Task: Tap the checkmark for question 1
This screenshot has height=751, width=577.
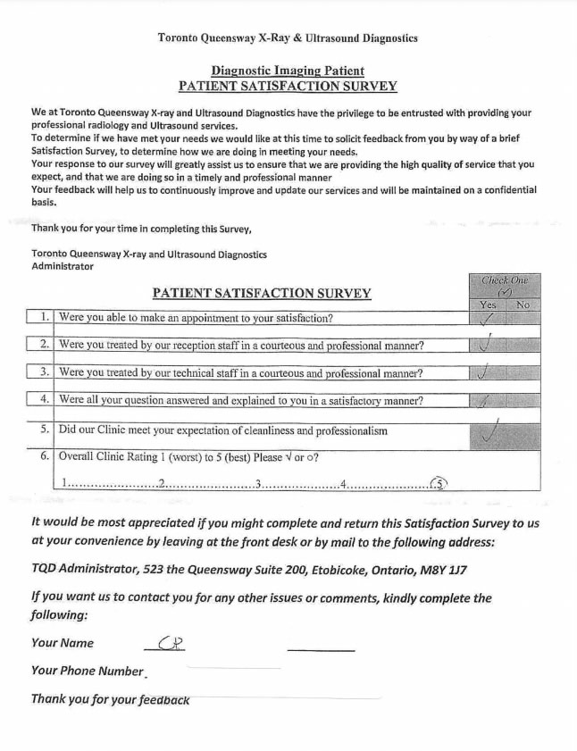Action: [x=487, y=320]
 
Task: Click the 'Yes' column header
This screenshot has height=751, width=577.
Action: [x=487, y=305]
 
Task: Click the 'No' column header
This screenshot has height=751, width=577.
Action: [x=523, y=305]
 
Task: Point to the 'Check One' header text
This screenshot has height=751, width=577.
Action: [x=505, y=280]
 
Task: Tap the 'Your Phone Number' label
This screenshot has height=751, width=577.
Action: [x=88, y=671]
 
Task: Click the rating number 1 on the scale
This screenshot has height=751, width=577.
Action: [x=64, y=484]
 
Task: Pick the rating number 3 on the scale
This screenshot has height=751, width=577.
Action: [x=257, y=484]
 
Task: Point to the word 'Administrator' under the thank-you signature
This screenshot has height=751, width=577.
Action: [x=63, y=266]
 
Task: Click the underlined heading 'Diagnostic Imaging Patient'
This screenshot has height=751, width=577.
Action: [x=288, y=71]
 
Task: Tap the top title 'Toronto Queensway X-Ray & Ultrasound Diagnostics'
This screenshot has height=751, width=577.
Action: [x=288, y=38]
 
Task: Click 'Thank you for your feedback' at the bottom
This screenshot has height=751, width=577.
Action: [x=110, y=699]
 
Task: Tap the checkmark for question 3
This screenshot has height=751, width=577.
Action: [x=483, y=372]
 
